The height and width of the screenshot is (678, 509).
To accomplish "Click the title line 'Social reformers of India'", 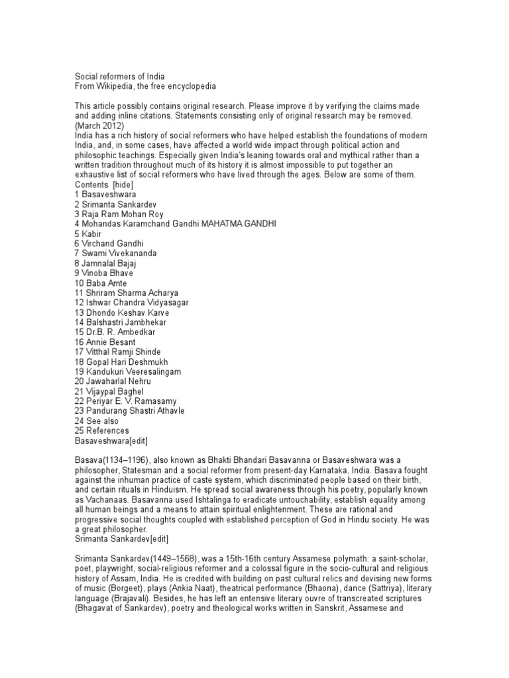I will point(120,76).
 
